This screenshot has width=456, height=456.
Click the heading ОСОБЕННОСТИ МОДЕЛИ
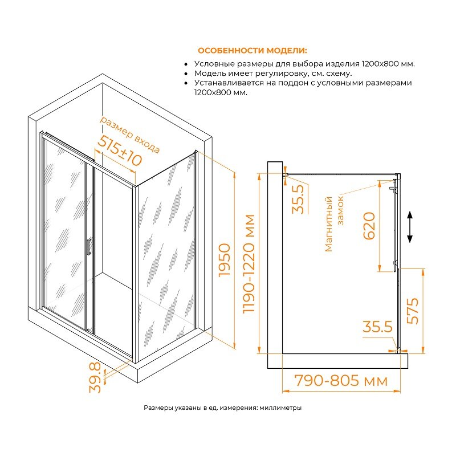252,51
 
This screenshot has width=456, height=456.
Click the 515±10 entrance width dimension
120,151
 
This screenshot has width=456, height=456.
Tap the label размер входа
130,135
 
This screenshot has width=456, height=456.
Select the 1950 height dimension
225,260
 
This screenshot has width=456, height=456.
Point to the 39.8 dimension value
95,377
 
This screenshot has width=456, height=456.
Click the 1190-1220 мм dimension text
249,264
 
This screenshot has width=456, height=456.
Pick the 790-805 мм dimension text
341,380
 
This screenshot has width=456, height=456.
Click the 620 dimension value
369,226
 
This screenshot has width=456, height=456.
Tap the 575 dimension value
412,311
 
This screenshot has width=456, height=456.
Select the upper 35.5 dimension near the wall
298,199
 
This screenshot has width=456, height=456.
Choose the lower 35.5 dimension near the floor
377,327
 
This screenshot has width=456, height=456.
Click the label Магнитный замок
334,224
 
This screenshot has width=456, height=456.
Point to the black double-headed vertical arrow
410,227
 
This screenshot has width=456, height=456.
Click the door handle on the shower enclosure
89,246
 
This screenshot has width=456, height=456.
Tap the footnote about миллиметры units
222,408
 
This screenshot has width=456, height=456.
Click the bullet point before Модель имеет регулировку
186,74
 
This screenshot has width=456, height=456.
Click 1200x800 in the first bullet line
379,64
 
